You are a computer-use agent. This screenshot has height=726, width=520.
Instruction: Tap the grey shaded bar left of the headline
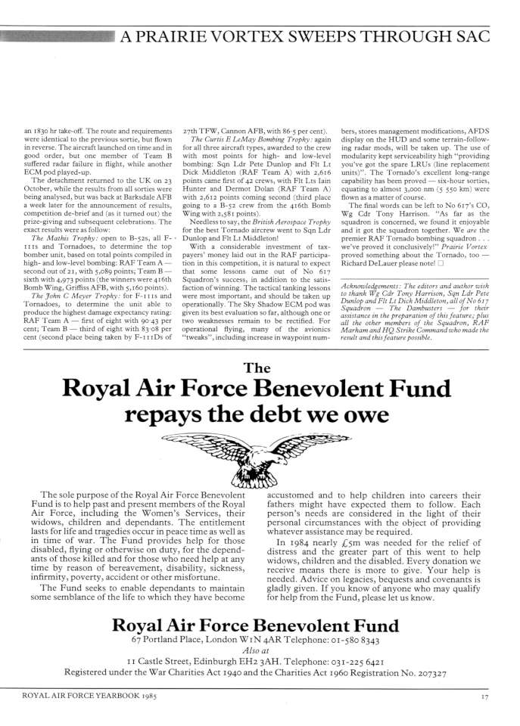[57, 35]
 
